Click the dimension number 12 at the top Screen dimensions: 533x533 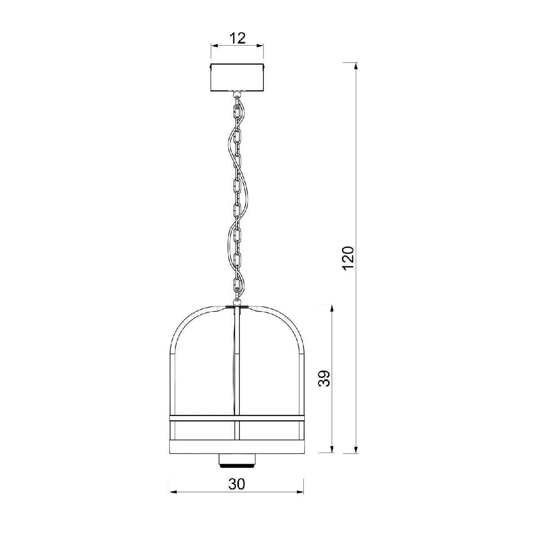238,38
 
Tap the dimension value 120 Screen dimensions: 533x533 348,258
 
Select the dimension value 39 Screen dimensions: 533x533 324,378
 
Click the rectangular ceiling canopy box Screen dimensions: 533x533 237,77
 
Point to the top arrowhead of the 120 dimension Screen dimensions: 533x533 356,66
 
